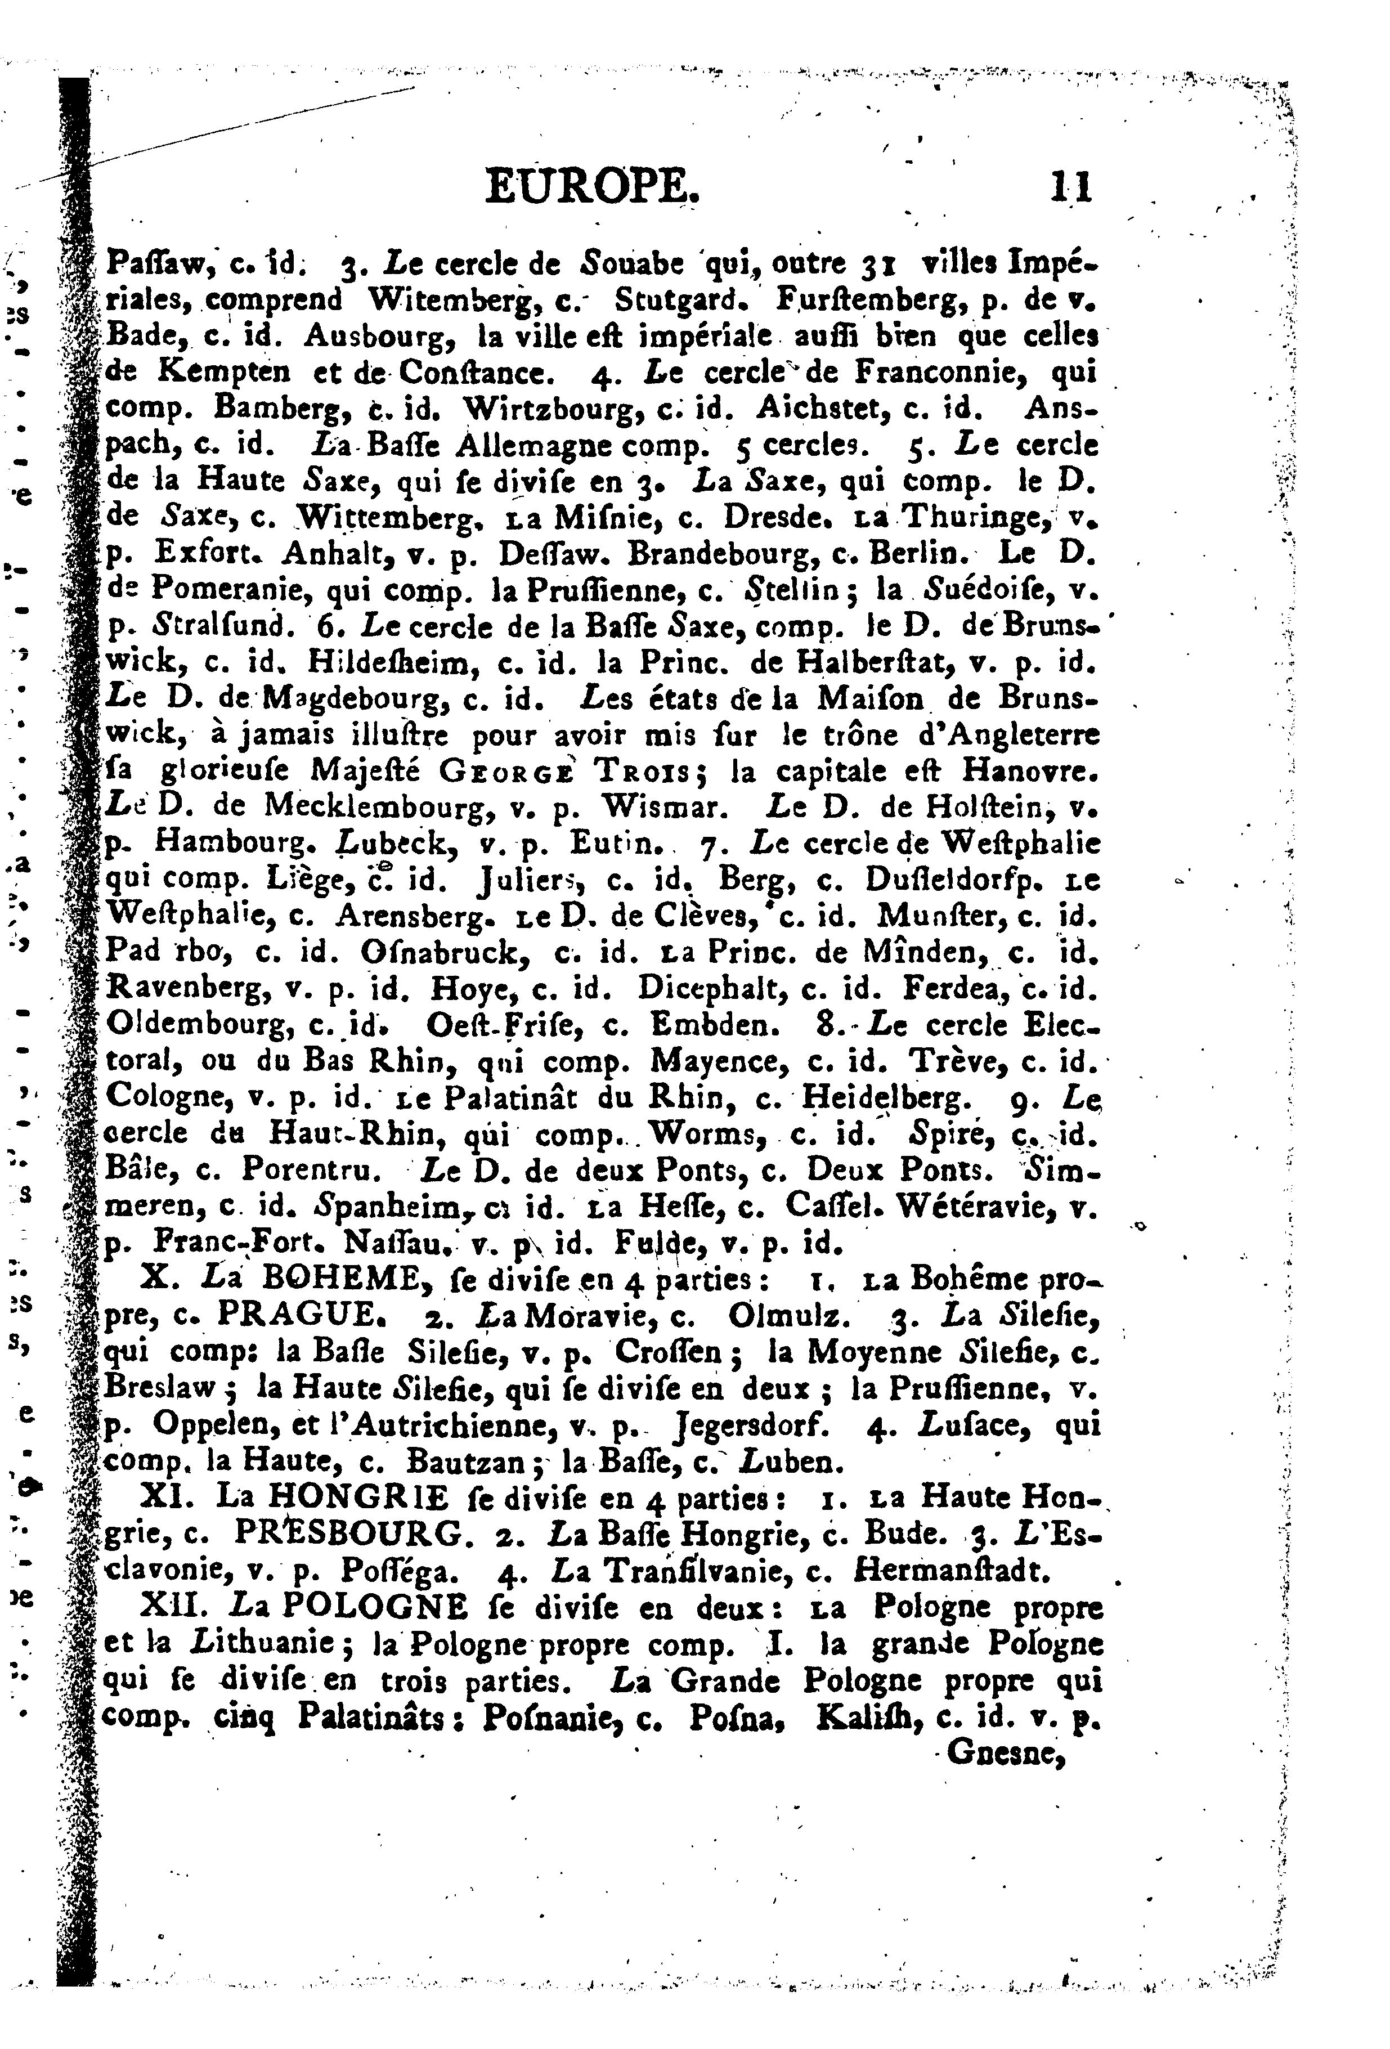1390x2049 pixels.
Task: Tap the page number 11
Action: [x=1070, y=188]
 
